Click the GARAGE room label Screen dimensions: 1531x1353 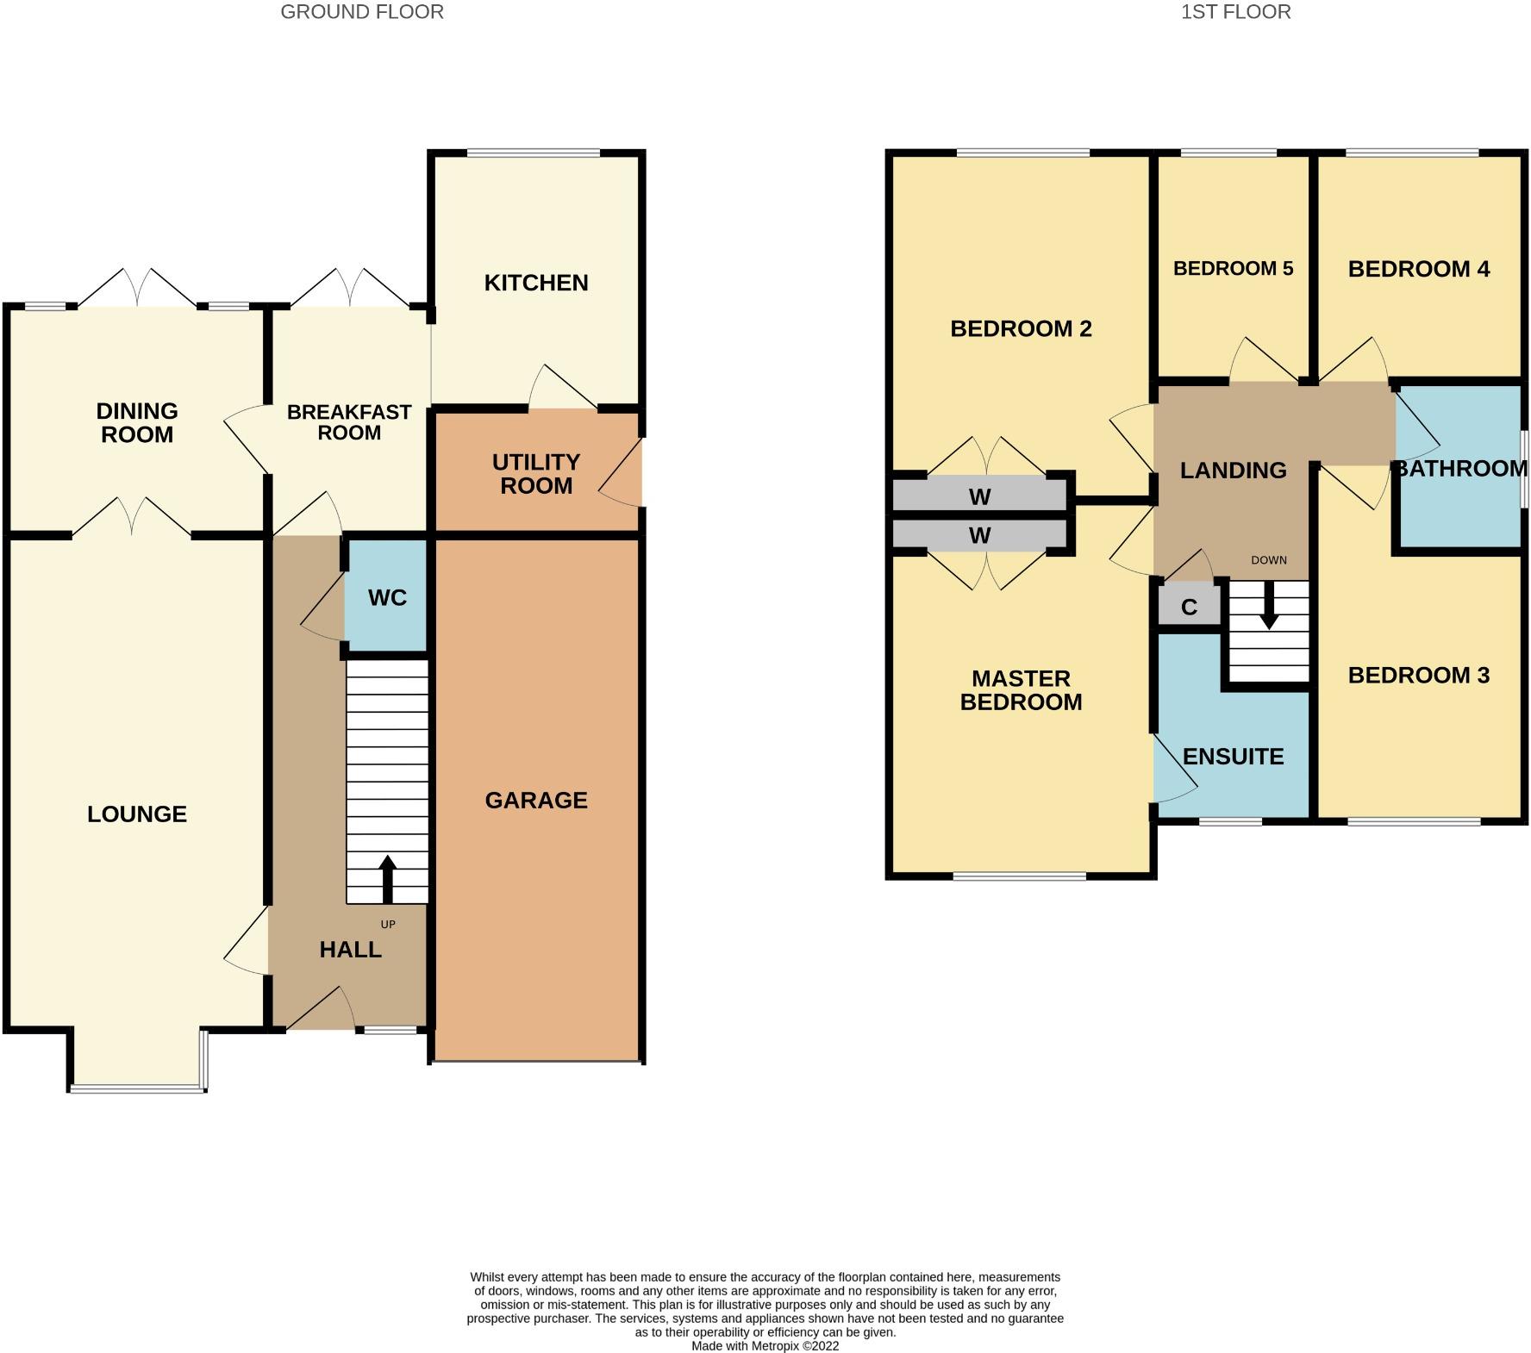[x=536, y=801]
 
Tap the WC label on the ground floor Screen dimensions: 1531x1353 [x=387, y=598]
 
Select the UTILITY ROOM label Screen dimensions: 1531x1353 [x=536, y=474]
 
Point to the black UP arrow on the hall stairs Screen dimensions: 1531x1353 [x=387, y=879]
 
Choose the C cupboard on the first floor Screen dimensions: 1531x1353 [x=1189, y=606]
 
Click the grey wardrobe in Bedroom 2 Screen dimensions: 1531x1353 [x=979, y=496]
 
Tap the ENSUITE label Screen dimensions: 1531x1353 [x=1233, y=757]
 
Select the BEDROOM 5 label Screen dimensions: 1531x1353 [x=1233, y=269]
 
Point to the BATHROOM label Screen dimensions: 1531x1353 [x=1460, y=469]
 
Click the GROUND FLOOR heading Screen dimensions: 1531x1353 [x=362, y=12]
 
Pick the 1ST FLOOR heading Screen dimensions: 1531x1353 [x=1235, y=12]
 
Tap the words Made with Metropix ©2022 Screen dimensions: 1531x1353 [x=765, y=1345]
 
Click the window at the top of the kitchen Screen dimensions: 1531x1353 [x=533, y=153]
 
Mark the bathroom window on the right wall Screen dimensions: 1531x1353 [x=1523, y=469]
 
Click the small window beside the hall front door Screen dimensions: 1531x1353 [x=390, y=1029]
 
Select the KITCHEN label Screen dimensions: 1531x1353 [x=536, y=283]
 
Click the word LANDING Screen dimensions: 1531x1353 [x=1233, y=471]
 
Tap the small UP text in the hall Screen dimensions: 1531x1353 [x=388, y=925]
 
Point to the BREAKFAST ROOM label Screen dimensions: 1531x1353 [x=349, y=422]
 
